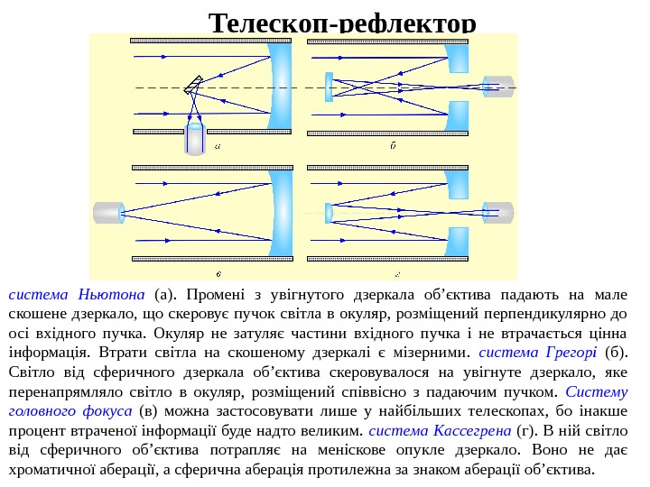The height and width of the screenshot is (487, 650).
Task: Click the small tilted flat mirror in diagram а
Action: (192, 86)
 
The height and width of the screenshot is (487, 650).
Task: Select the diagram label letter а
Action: (218, 145)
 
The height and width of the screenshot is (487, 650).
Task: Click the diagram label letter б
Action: (393, 145)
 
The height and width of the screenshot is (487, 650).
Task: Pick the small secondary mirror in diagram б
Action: (330, 87)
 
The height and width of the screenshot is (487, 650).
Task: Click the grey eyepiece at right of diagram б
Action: (497, 87)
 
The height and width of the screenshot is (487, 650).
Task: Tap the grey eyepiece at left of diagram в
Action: (108, 213)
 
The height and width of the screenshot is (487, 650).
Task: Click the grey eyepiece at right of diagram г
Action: (497, 213)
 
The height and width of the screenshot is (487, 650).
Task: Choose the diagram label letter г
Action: (397, 271)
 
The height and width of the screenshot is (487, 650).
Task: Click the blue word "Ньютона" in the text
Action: (112, 295)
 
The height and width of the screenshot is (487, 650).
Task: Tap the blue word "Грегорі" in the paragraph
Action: (571, 351)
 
